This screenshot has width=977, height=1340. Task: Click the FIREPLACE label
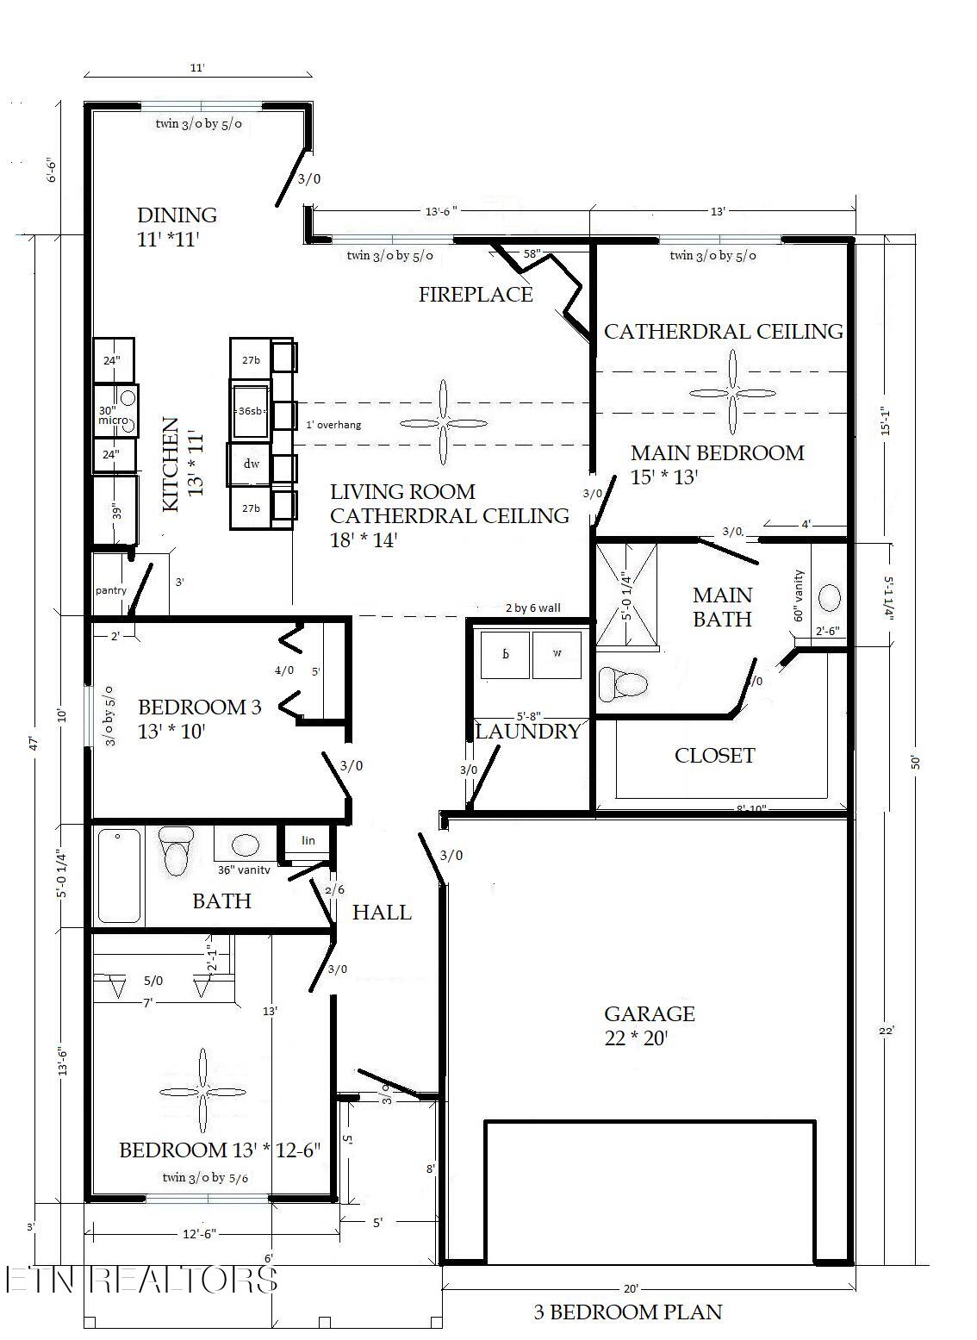pos(476,295)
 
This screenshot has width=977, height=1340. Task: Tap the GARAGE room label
pos(649,1014)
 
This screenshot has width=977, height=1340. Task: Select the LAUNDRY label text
pos(527,732)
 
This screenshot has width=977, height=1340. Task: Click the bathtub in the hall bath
pos(118,875)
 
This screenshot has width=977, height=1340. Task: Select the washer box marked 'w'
pos(557,653)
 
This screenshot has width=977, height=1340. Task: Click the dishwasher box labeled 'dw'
pos(251,464)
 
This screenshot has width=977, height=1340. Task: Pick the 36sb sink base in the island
pos(250,411)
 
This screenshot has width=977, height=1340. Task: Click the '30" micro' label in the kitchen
pos(113,414)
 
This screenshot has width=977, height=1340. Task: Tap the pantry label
pos(111,590)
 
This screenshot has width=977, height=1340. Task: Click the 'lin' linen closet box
pos(308,840)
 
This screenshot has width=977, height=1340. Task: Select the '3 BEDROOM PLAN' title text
pos(627,1312)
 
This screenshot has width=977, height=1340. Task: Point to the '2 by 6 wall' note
pos(532,608)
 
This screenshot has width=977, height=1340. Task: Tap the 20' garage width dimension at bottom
pos(631,1289)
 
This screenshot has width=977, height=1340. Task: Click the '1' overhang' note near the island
pos(333,425)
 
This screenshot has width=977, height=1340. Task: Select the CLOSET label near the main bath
pos(714,756)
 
